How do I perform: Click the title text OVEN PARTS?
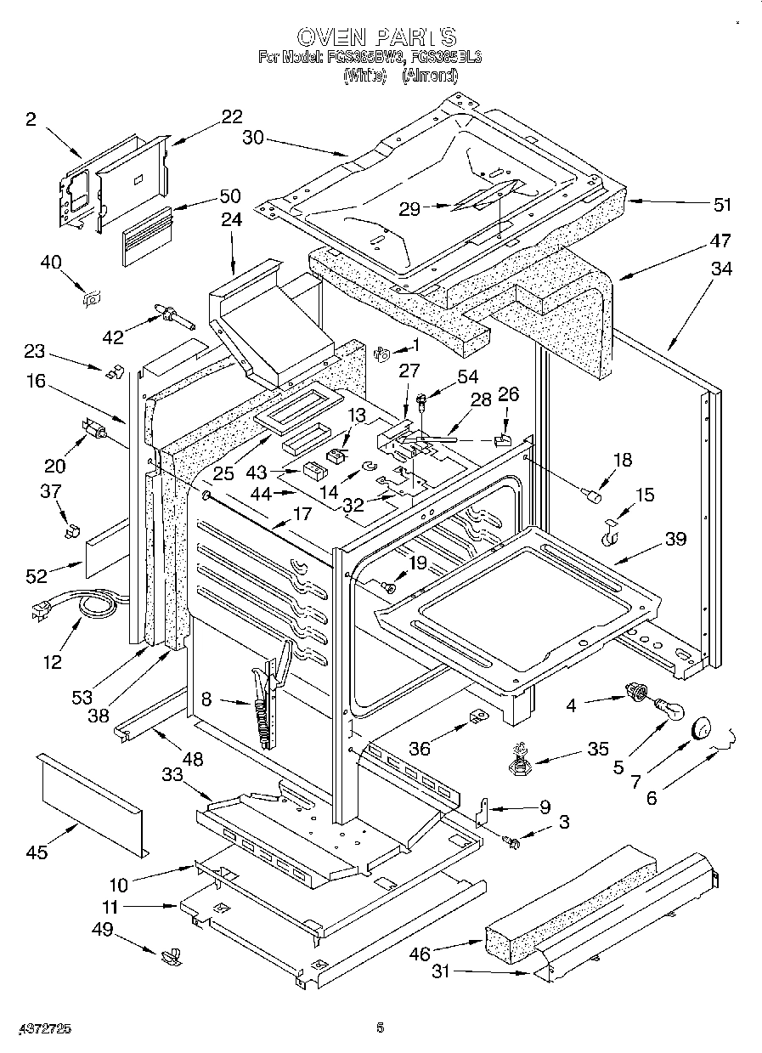376,37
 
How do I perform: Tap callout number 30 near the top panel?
253,138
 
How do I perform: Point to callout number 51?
722,205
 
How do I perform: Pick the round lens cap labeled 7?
702,728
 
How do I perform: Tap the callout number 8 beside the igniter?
206,700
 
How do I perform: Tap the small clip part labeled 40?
91,297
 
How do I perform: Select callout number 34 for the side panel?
721,269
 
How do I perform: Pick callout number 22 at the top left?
231,117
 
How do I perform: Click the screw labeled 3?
511,841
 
